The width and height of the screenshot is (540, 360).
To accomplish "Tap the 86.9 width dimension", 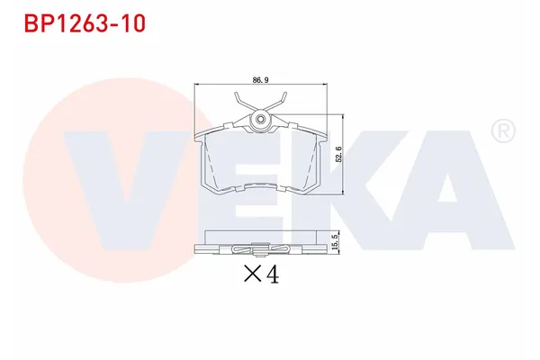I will tap(261, 80).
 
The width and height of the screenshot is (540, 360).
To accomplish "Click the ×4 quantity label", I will tap(261, 274).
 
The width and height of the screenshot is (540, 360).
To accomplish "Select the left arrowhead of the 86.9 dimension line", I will tap(199, 85).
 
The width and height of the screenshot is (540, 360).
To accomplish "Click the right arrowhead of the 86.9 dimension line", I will tap(323, 85).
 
